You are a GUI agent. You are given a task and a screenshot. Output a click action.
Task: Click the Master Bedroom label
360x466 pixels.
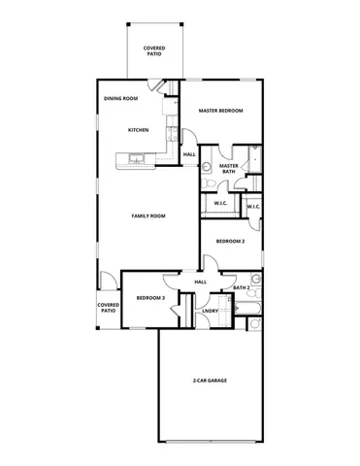point(220,111)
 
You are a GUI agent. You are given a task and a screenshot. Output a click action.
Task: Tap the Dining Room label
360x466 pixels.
point(121,98)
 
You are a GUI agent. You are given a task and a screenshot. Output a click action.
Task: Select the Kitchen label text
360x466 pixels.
point(139,129)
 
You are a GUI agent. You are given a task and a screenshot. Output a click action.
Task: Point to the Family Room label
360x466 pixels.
point(148,216)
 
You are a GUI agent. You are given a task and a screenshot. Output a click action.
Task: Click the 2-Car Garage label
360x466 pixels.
point(210,381)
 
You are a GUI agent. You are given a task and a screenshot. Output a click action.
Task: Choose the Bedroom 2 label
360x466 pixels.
point(230,240)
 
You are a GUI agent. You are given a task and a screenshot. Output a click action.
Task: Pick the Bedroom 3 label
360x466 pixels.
point(149,297)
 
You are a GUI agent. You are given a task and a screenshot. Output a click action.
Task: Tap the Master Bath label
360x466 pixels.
point(229,169)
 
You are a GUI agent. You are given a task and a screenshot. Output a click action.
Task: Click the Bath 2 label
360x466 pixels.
point(242,288)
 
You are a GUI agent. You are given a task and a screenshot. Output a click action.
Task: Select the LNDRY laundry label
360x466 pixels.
point(211,311)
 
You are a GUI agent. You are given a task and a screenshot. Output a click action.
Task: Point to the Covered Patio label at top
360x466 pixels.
point(152,50)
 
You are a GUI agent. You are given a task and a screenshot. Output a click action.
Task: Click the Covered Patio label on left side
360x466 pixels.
point(108,308)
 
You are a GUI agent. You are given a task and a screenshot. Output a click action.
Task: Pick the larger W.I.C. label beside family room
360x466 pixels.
point(219,204)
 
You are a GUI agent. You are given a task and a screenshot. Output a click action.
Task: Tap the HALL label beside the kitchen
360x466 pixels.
point(189,154)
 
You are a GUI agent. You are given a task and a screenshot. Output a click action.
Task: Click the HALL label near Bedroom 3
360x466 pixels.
point(201,282)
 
